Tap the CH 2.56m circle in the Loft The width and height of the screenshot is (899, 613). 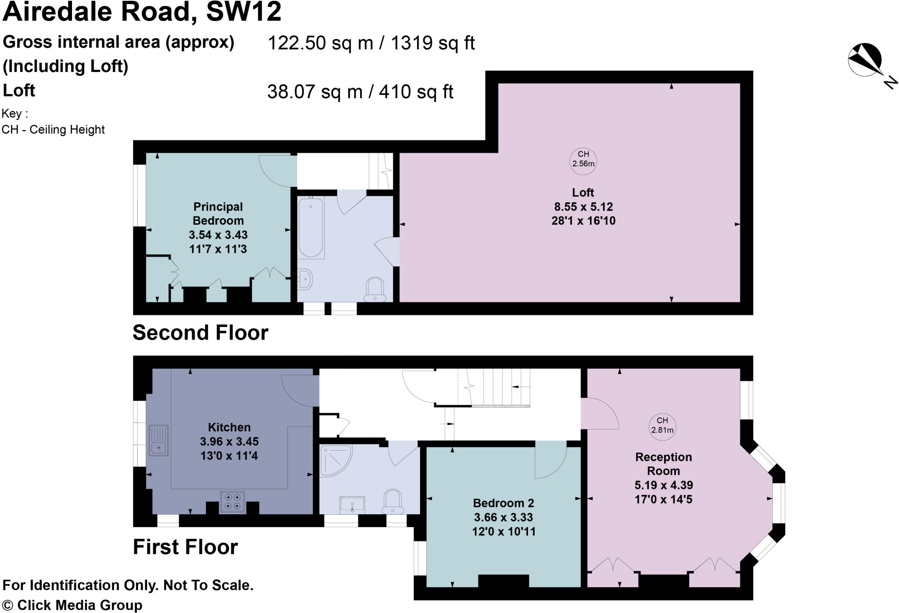583,159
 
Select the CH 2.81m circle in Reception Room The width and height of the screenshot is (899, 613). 662,425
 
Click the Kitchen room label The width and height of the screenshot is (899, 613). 229,427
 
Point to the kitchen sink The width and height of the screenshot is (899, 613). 158,440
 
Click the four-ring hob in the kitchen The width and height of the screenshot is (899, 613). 232,502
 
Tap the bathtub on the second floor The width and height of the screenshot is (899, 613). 311,227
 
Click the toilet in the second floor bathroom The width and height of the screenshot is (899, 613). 375,290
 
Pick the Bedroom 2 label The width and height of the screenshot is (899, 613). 503,503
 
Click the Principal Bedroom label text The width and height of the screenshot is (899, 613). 218,213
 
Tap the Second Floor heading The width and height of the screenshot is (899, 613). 200,333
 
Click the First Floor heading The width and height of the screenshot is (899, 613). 185,547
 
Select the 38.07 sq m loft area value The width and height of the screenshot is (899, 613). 315,92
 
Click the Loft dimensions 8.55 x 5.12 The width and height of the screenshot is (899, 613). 583,207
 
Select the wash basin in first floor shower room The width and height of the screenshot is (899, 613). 352,504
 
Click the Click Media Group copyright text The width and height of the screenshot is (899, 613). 72,605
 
